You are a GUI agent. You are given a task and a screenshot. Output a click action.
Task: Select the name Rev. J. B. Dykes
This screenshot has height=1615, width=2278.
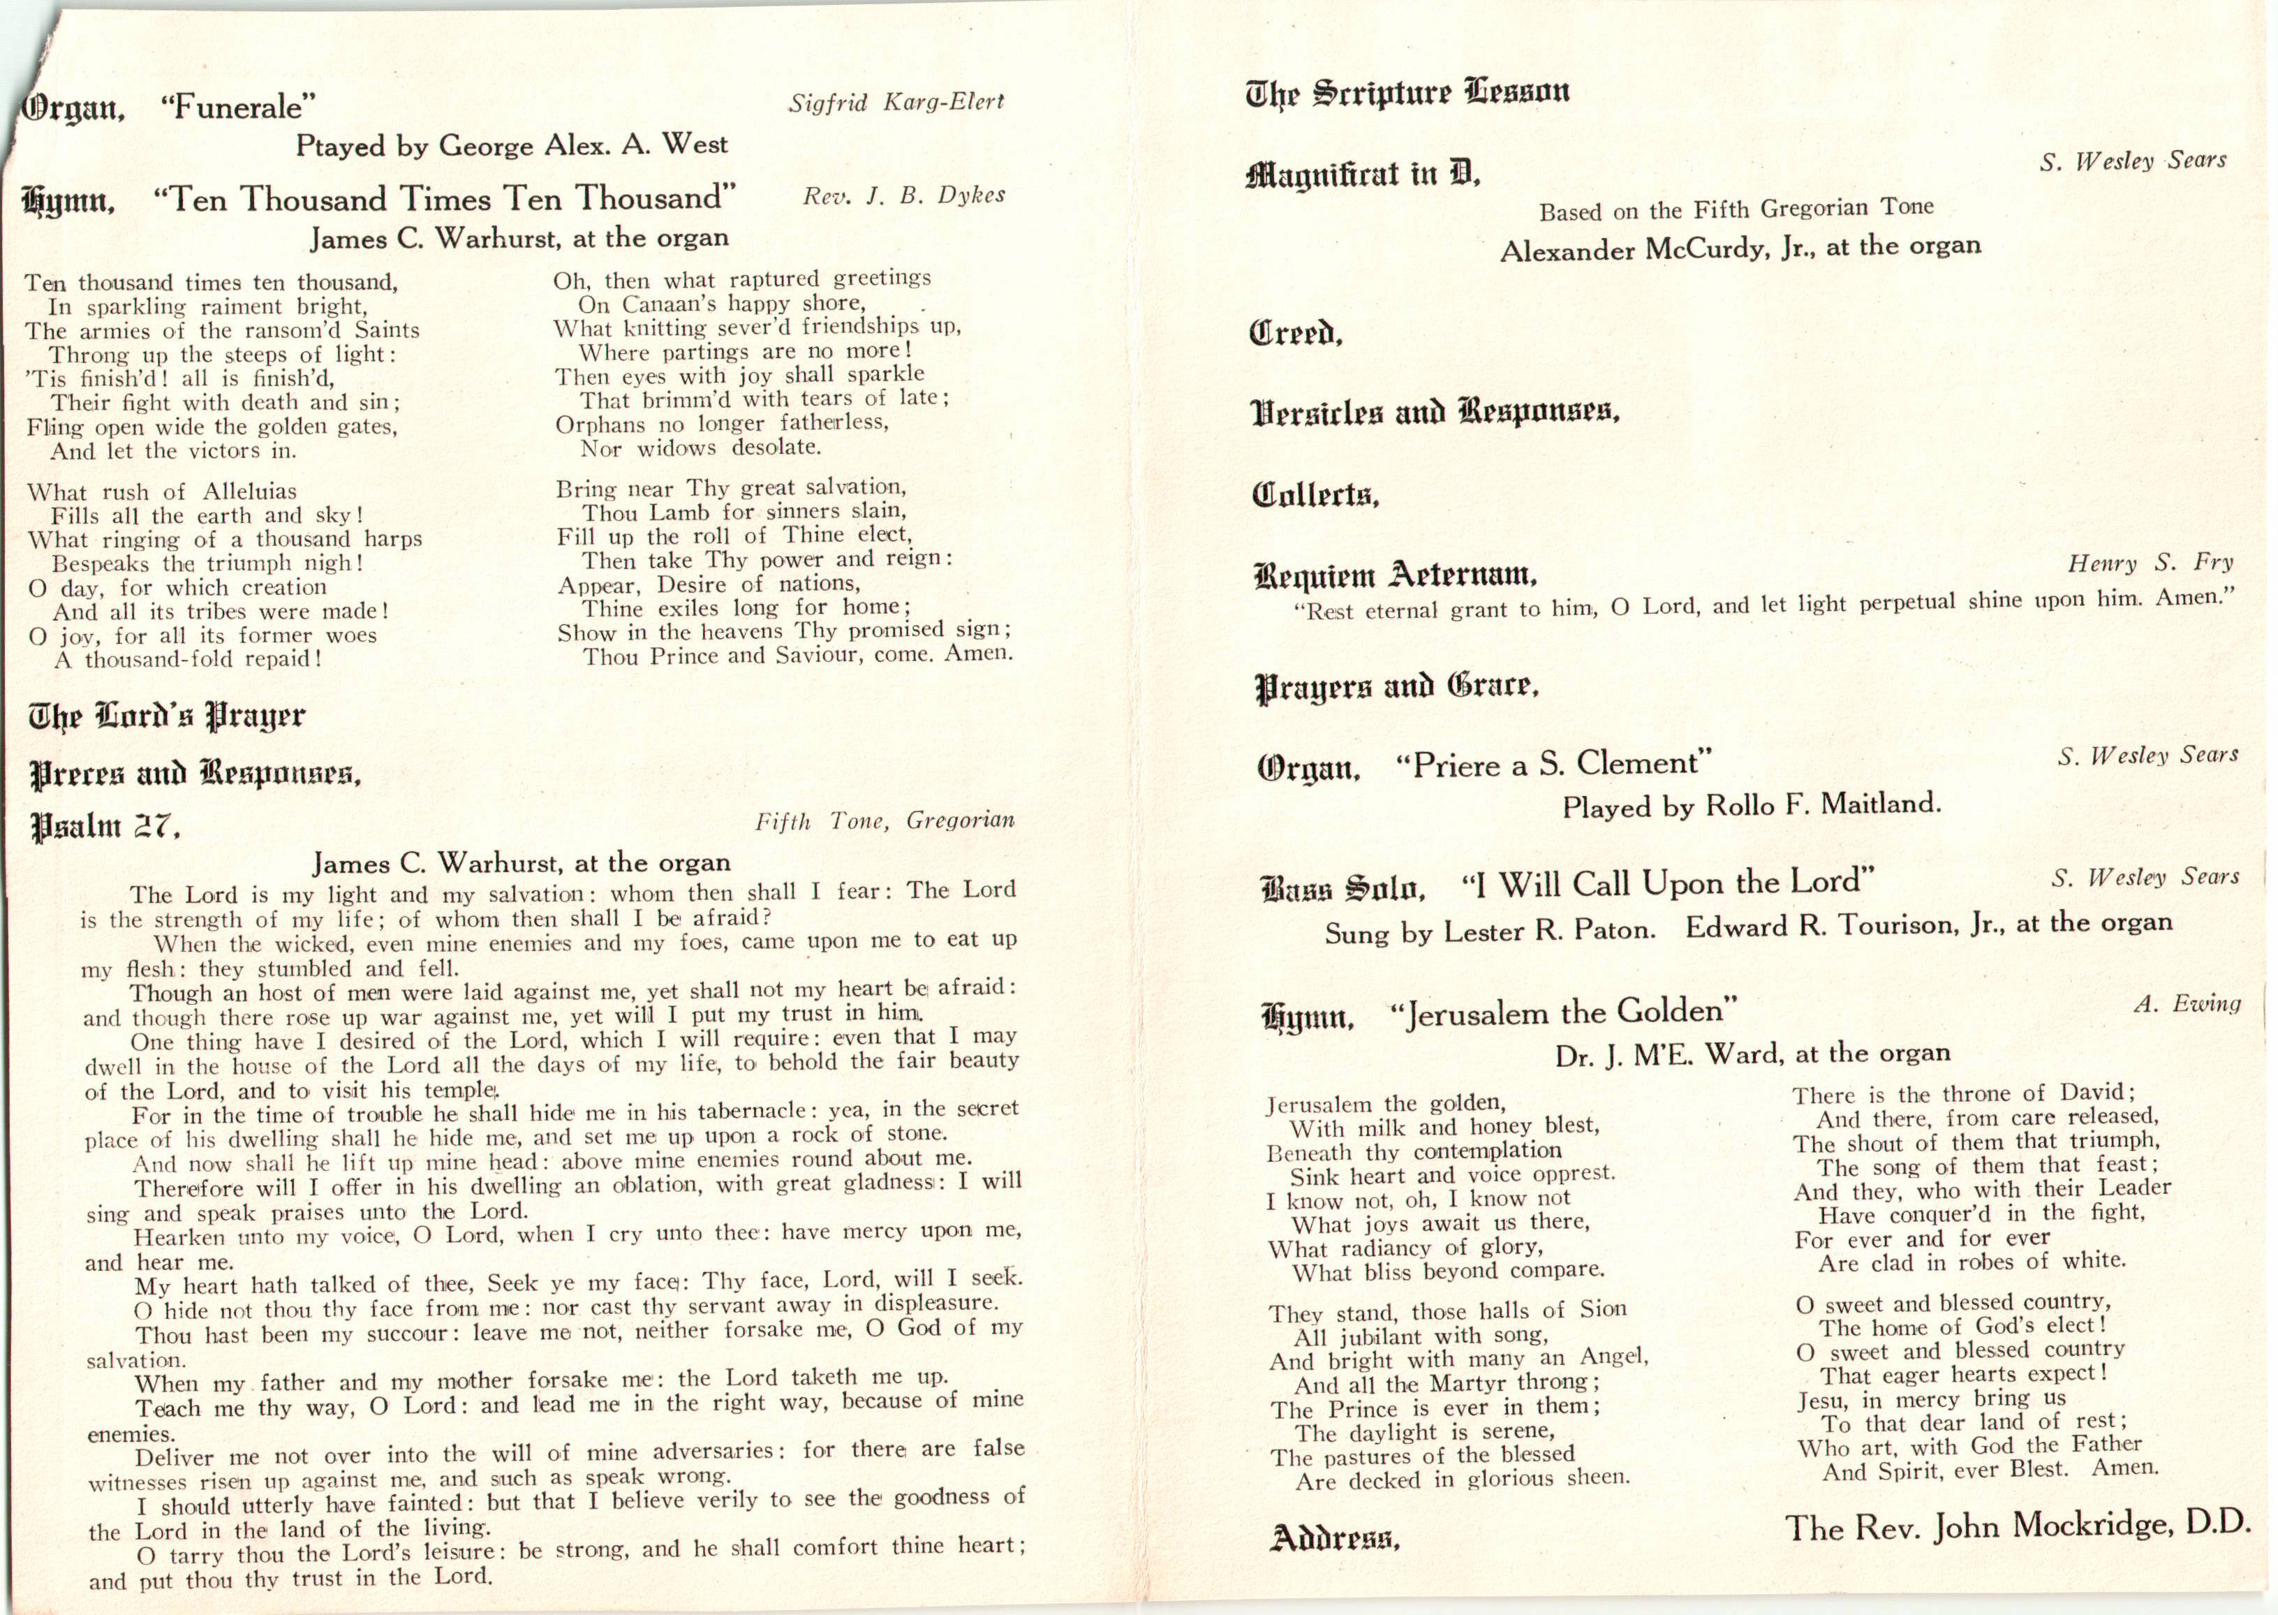pos(904,196)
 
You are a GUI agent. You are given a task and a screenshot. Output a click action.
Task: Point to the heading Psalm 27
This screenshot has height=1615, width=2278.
pos(105,825)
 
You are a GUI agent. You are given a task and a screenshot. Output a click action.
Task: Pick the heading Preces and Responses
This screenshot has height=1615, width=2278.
pos(195,774)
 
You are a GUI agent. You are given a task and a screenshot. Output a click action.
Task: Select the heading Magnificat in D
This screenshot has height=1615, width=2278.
pos(1362,176)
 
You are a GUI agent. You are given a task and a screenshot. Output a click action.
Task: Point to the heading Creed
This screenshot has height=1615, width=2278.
pos(1296,332)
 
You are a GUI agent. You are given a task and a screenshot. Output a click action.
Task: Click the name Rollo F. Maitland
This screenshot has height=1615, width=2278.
pos(1821,804)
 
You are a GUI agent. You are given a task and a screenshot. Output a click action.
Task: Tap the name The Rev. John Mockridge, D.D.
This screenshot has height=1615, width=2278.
pos(2016,1526)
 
